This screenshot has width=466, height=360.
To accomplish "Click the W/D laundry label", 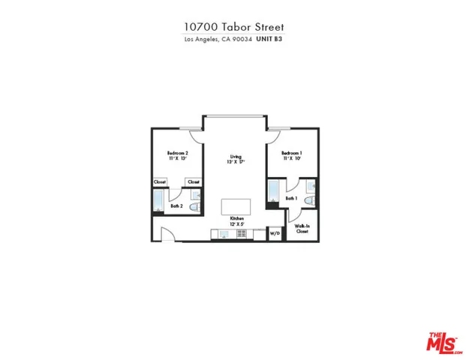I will click(274, 234).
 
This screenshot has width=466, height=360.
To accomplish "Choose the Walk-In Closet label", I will click(302, 230).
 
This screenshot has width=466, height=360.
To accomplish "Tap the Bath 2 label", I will click(177, 205).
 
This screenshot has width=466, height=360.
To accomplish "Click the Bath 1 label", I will click(290, 198).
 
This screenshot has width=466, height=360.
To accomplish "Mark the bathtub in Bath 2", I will click(159, 202).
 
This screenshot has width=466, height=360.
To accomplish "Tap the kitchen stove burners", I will click(242, 234).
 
